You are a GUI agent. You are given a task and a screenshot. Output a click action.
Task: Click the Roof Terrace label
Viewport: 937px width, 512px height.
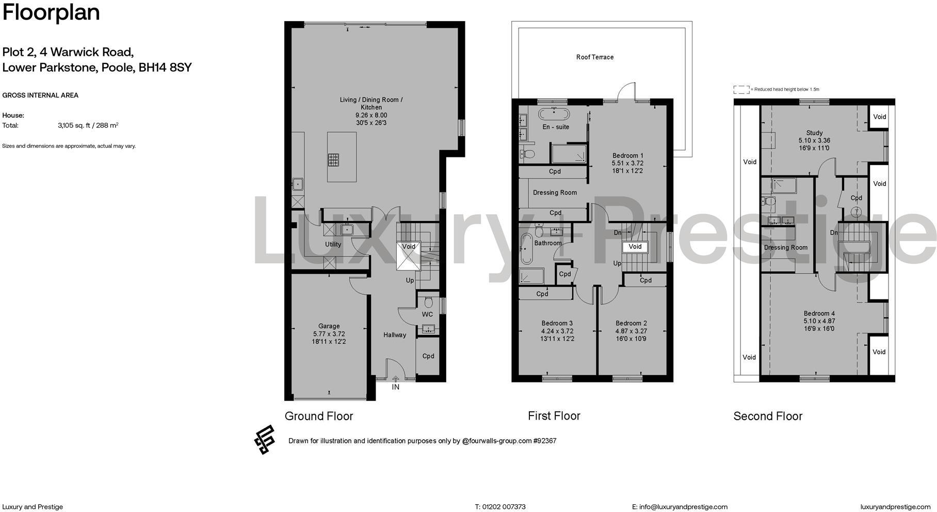tap(594, 57)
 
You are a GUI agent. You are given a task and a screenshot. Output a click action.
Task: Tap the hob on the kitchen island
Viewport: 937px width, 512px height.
tap(333, 160)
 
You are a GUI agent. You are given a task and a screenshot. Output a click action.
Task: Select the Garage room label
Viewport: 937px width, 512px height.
tap(329, 326)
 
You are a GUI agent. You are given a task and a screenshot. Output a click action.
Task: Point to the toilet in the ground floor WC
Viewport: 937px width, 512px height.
tap(428, 301)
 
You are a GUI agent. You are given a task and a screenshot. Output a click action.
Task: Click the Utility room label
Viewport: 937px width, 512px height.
tap(333, 245)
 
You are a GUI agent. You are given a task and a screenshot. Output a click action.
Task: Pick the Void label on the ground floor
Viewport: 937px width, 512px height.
tap(409, 247)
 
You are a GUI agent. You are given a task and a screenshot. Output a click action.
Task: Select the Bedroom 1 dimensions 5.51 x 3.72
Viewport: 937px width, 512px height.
tap(627, 163)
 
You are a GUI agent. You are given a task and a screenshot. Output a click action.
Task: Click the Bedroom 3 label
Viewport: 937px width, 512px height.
tap(557, 324)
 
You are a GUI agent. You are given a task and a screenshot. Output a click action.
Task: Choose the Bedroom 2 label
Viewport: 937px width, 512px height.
tap(631, 324)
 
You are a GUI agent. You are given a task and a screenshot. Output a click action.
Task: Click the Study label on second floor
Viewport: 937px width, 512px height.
tap(814, 133)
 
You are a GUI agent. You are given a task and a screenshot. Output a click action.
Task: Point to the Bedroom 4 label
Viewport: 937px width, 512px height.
tap(819, 313)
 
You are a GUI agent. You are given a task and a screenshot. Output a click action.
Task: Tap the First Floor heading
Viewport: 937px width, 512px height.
tap(554, 416)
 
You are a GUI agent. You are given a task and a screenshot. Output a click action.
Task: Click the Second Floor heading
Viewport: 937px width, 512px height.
tap(768, 417)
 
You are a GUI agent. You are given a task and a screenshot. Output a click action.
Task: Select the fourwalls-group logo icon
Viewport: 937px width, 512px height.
tap(264, 439)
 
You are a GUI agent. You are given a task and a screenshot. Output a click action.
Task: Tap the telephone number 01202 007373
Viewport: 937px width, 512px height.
tap(504, 507)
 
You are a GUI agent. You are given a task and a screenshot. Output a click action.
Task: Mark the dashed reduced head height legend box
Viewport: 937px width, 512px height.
tap(741, 89)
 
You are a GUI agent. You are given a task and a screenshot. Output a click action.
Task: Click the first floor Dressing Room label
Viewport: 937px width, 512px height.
tap(555, 193)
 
